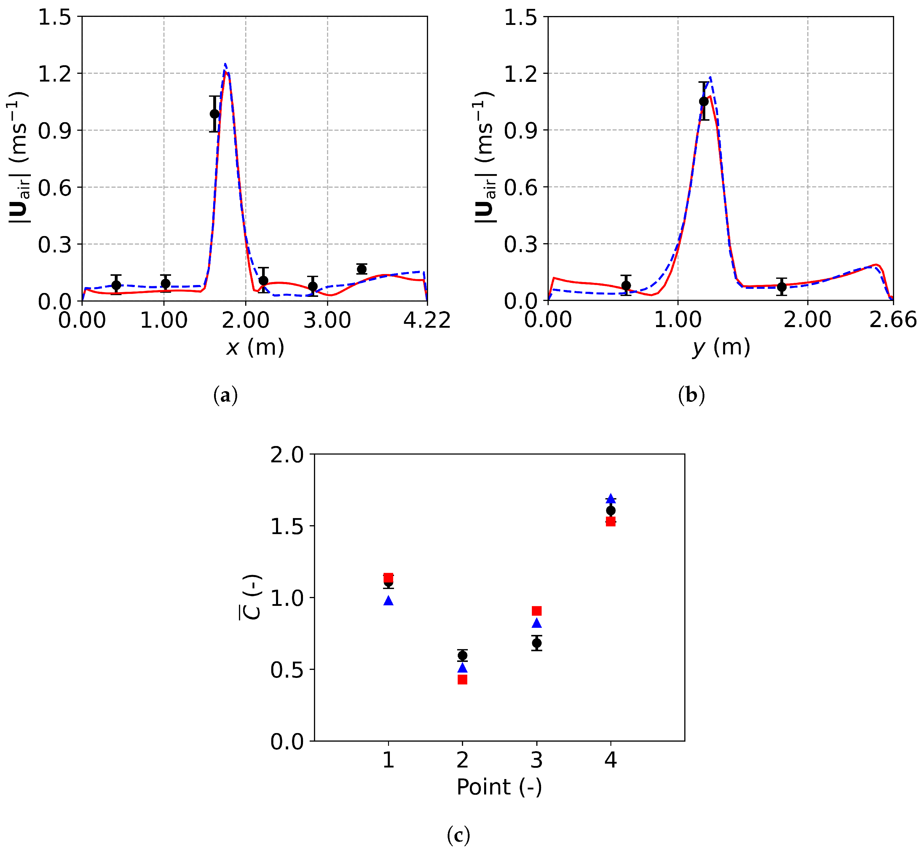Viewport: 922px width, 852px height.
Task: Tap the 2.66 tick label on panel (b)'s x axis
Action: (892, 320)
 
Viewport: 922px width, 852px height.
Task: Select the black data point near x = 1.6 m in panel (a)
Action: (214, 114)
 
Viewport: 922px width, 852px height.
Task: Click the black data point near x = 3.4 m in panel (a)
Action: (362, 269)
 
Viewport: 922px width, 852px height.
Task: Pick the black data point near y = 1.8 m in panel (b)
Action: (781, 287)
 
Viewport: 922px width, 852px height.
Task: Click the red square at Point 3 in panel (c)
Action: (537, 611)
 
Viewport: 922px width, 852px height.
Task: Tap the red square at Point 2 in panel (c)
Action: (462, 680)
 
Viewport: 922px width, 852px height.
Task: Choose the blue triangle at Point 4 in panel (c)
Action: (610, 499)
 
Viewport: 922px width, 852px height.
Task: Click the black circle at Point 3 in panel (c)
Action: (537, 643)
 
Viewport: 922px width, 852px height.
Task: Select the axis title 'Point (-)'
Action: (499, 787)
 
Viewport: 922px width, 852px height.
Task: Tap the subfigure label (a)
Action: (225, 396)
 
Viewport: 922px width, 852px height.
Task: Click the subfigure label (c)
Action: (458, 835)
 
